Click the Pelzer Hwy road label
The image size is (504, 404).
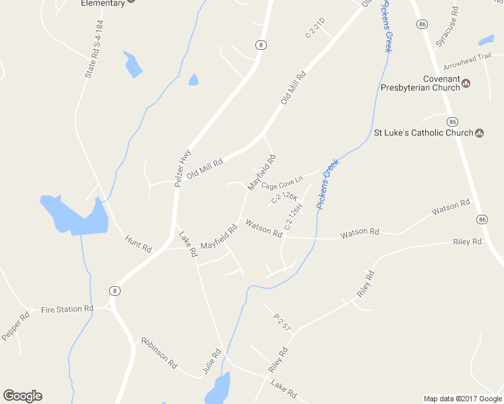pyautogui.click(x=183, y=167)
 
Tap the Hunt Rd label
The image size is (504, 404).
pyautogui.click(x=138, y=244)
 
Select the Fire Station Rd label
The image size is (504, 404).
pyautogui.click(x=67, y=310)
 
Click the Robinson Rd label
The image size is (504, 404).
pyautogui.click(x=159, y=353)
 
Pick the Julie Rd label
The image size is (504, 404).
pyautogui.click(x=212, y=362)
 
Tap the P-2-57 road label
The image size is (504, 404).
pyautogui.click(x=282, y=321)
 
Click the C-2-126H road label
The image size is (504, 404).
pyautogui.click(x=294, y=217)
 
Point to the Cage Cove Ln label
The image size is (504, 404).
pyautogui.click(x=282, y=182)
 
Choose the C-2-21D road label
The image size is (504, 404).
pyautogui.click(x=315, y=28)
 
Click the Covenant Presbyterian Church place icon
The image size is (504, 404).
pyautogui.click(x=466, y=83)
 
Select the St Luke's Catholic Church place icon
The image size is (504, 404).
pyautogui.click(x=479, y=133)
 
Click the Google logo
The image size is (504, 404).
pyautogui.click(x=22, y=396)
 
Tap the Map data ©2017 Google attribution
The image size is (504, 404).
pyautogui.click(x=462, y=399)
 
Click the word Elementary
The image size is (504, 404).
pyautogui.click(x=102, y=3)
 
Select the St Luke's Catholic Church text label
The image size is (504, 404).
pyautogui.click(x=424, y=133)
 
